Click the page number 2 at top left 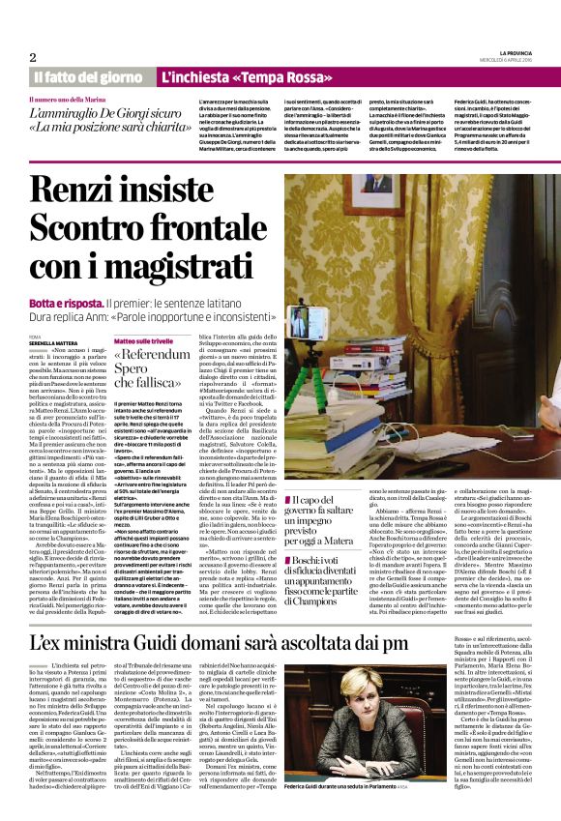click(x=33, y=58)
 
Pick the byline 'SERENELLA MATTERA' click(x=56, y=342)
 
